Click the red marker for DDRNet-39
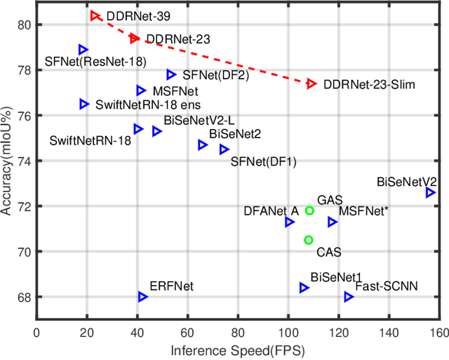click(x=95, y=15)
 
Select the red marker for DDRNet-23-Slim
click(x=311, y=84)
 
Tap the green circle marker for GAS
click(x=309, y=211)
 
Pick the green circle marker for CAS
click(x=308, y=240)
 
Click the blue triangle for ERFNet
click(x=142, y=297)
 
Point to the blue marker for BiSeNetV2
click(x=430, y=192)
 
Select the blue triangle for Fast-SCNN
click(x=349, y=297)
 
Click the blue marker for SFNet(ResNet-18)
click(x=83, y=49)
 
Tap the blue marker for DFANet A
click(x=289, y=222)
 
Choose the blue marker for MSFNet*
click(x=332, y=222)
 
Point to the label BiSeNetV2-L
click(x=189, y=121)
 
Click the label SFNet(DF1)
click(x=264, y=162)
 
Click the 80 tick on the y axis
click(x=25, y=25)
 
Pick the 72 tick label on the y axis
click(x=25, y=206)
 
